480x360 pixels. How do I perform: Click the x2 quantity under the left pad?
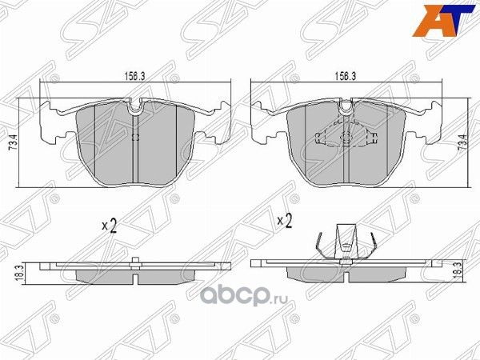pos(110,226)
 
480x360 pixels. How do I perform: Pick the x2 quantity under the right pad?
pos(284,219)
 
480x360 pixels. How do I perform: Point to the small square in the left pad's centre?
pos(134,137)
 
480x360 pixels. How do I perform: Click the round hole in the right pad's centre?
pos(346,136)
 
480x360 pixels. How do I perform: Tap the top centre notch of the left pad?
pos(135,104)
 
